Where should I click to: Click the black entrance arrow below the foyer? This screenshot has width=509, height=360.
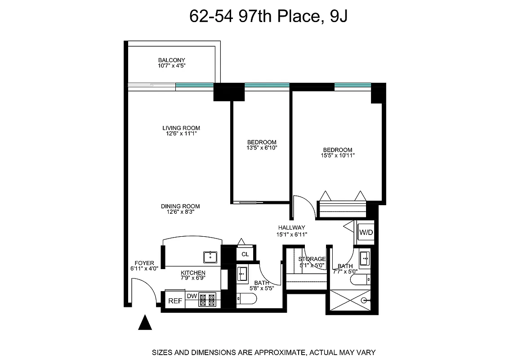(144, 323)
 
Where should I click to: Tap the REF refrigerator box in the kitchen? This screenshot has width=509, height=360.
(175, 301)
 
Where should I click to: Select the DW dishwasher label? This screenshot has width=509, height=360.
(192, 296)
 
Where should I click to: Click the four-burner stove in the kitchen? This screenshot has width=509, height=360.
(208, 299)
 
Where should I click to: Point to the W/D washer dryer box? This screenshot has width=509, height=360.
(366, 233)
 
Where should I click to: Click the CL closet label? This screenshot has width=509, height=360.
(245, 254)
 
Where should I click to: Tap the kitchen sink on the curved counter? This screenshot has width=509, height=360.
(210, 257)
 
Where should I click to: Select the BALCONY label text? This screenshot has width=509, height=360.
(171, 60)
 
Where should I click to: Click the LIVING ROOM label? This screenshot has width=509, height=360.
(181, 128)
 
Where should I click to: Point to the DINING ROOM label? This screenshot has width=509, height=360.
(180, 206)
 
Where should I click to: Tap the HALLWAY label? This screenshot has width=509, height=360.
(291, 228)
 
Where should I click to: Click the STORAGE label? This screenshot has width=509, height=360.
(312, 259)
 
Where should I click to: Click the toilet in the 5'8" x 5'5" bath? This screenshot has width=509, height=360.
(246, 298)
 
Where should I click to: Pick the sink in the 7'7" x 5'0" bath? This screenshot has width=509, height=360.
(365, 259)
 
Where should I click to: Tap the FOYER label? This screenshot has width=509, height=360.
(144, 263)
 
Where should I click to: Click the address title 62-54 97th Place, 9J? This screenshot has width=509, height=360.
(268, 17)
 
